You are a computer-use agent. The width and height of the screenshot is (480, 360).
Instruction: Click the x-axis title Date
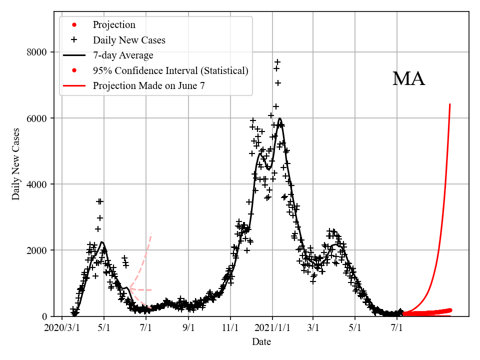(x=261, y=342)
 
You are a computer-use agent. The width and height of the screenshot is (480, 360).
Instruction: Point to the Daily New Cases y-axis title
(x=16, y=164)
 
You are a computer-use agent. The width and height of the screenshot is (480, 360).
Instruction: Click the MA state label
(x=408, y=79)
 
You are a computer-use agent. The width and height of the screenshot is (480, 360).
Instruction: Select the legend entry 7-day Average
(x=123, y=55)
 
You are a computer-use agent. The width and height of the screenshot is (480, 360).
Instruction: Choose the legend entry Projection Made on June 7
(x=148, y=86)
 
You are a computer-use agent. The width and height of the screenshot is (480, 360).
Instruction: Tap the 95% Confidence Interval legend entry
(x=170, y=70)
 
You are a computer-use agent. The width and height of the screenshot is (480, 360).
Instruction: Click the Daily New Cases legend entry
(x=128, y=40)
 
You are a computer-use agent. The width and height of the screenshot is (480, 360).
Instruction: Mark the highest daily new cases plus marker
(x=277, y=62)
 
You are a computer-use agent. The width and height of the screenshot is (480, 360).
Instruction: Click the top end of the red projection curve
(x=450, y=104)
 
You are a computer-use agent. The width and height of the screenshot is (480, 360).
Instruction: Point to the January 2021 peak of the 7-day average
(x=279, y=118)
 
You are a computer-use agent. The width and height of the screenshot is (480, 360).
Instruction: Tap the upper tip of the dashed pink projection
(x=151, y=233)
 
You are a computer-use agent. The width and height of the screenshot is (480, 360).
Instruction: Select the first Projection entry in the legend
(x=113, y=24)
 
